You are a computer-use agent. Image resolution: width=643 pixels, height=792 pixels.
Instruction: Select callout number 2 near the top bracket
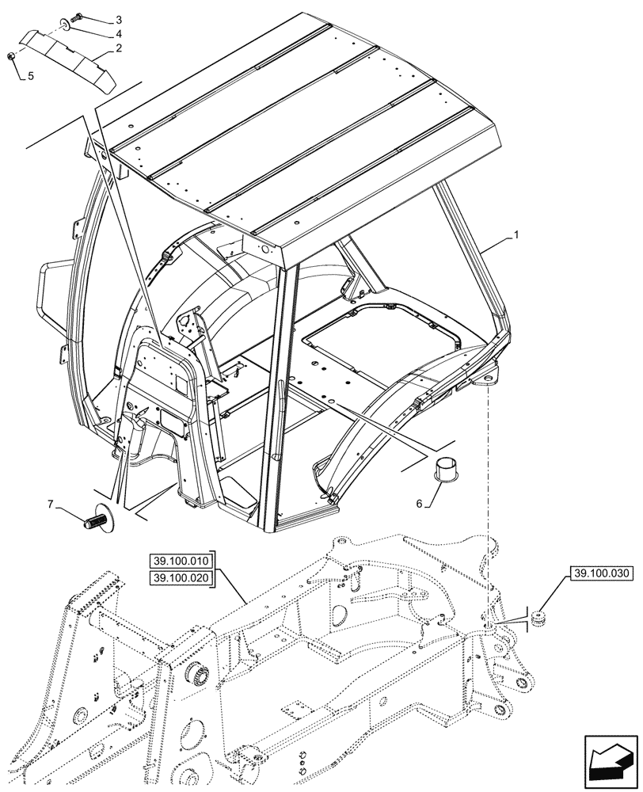tap(118, 48)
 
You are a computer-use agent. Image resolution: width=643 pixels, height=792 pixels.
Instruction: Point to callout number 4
tap(118, 34)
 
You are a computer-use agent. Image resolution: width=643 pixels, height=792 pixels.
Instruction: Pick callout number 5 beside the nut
tap(32, 77)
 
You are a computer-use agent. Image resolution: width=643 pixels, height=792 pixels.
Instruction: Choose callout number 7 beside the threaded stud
tap(51, 505)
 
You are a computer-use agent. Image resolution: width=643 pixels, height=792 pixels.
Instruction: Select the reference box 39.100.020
tap(180, 578)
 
